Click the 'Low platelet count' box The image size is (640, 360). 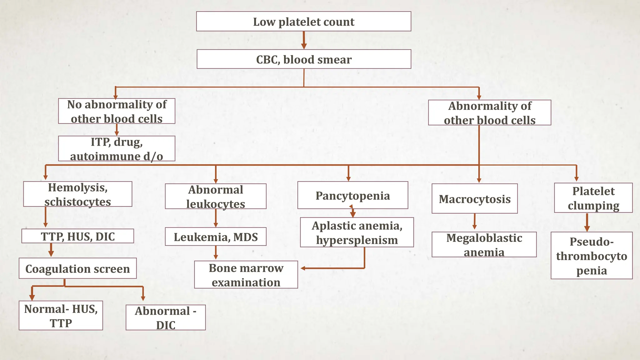303,22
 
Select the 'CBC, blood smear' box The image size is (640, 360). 304,59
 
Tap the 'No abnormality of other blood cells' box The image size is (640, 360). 117,111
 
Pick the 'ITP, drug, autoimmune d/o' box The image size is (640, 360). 117,149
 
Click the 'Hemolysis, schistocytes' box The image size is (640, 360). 77,194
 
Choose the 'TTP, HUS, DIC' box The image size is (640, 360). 77,236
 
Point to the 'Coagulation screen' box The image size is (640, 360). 77,268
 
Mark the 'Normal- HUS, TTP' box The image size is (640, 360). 61,316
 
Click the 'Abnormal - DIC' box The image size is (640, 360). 166,317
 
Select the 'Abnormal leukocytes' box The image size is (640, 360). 216,196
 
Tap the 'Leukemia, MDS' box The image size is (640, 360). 216,237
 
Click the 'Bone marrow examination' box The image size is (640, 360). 246,275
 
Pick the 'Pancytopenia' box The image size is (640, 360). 352,195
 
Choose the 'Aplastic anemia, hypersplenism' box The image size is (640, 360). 357,232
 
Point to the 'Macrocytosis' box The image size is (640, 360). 474,199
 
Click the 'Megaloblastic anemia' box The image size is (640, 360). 484,245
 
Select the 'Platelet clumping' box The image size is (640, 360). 593,198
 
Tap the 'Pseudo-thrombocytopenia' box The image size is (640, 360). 592,256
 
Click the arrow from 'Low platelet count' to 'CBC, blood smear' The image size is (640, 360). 303,40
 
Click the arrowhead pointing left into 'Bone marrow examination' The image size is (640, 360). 303,268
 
